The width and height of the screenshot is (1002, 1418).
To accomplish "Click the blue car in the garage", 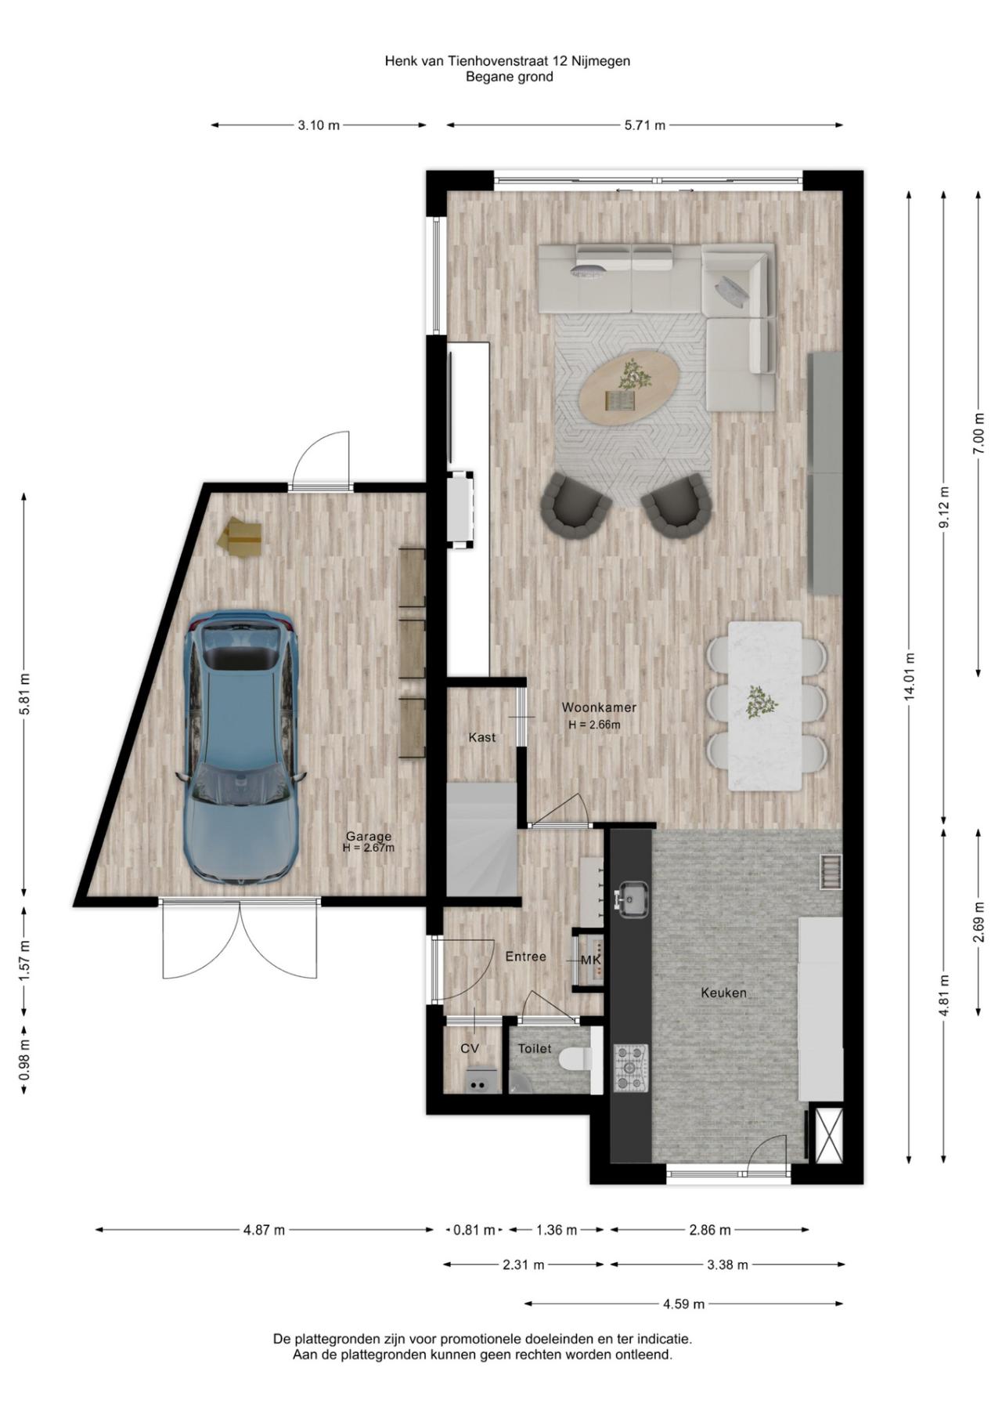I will click(240, 748).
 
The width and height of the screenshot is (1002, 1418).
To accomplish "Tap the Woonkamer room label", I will click(599, 707).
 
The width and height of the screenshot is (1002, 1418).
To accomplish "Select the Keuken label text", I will click(723, 993).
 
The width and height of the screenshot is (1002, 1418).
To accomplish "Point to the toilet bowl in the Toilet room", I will click(574, 1059).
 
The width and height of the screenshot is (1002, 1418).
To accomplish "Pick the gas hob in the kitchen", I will click(630, 1068).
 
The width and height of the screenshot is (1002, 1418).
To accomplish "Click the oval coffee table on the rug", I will click(629, 388).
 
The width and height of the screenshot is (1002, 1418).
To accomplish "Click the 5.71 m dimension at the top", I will click(644, 125).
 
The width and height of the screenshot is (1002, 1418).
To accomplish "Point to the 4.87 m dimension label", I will click(264, 1230).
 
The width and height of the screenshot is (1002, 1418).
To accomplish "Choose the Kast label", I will click(481, 737).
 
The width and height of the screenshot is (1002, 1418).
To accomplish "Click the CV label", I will click(469, 1048).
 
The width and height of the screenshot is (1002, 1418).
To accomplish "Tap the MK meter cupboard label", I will click(591, 960).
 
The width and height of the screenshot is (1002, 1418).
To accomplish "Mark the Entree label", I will click(525, 957).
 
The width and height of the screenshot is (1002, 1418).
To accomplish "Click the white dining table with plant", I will click(765, 705).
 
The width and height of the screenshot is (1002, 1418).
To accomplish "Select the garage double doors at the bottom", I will click(240, 940).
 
